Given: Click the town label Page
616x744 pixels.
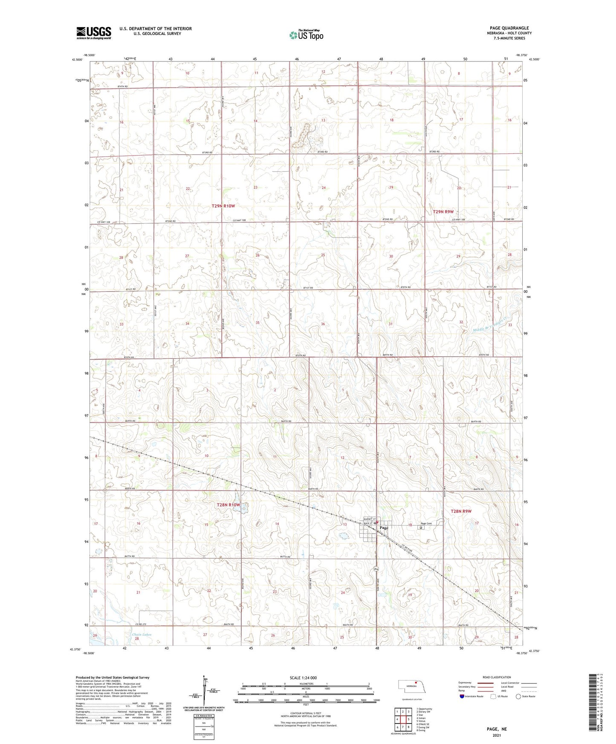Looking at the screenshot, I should [x=384, y=528].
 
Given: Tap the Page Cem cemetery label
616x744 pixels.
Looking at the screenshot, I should [x=426, y=524].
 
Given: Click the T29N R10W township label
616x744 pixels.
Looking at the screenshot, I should [x=223, y=206].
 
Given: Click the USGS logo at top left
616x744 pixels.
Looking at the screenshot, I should [x=94, y=33].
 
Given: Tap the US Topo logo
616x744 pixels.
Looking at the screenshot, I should [x=307, y=35].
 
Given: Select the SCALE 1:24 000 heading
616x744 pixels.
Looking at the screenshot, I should [x=303, y=678].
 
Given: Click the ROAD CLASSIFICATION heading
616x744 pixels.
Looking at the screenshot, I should [x=497, y=677].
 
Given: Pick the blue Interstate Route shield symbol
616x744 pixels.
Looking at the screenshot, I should [x=462, y=696].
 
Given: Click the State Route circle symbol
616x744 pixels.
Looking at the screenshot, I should [x=518, y=696].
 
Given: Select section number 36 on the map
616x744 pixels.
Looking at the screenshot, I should [x=323, y=324].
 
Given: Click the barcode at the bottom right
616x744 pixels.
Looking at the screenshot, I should [x=596, y=701].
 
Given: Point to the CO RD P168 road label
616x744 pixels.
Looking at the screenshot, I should [x=407, y=548].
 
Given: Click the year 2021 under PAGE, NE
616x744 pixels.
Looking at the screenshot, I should [x=497, y=735].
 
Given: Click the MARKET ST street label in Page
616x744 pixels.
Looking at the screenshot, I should [x=368, y=519].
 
